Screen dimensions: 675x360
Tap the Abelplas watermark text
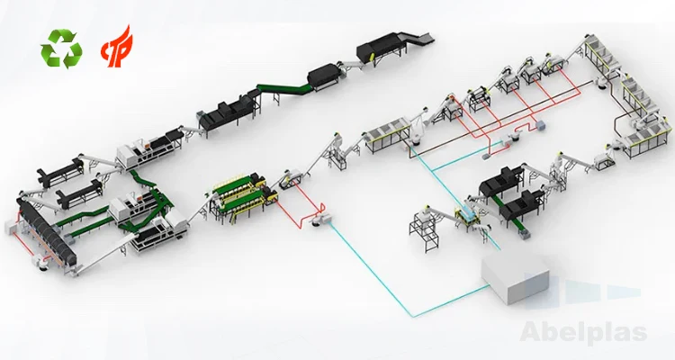coord(584,333)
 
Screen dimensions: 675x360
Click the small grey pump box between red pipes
coord(318,219)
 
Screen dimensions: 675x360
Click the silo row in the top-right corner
coord(621,81)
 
